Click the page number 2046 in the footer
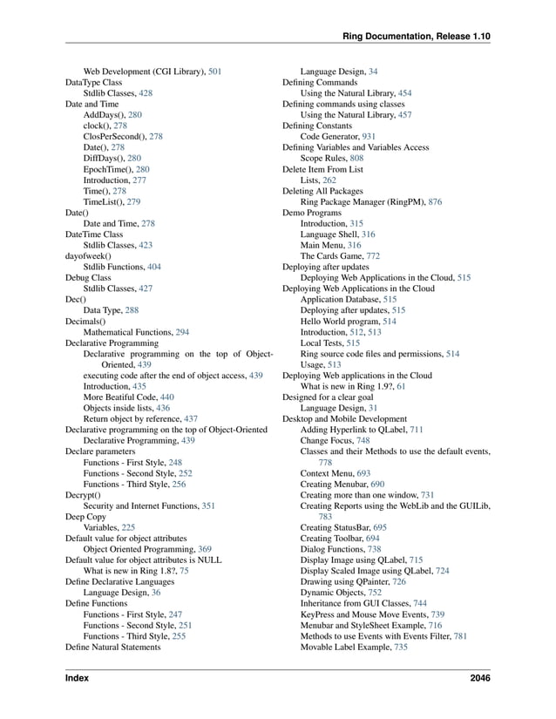click(478, 678)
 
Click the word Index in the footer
click(78, 678)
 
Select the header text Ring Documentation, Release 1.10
click(417, 36)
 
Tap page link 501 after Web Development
click(214, 71)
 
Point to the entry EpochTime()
click(109, 169)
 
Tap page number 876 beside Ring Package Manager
click(435, 201)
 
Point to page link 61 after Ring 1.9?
click(400, 387)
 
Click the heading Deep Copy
click(85, 517)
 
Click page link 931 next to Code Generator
click(369, 137)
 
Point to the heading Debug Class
click(88, 278)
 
